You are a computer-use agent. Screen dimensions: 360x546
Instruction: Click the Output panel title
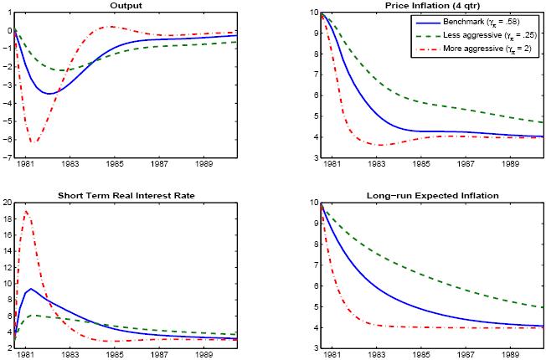tap(137, 5)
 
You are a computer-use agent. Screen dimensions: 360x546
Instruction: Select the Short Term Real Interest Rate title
tap(137, 195)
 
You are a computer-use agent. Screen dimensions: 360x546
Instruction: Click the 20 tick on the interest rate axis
tap(6, 203)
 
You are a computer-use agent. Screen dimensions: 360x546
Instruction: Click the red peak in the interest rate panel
tap(26, 210)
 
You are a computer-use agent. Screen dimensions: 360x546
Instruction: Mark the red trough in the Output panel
tap(32, 142)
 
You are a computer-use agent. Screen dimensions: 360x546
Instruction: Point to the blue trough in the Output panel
tap(50, 93)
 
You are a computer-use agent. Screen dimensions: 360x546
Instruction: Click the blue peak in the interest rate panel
tap(31, 289)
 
